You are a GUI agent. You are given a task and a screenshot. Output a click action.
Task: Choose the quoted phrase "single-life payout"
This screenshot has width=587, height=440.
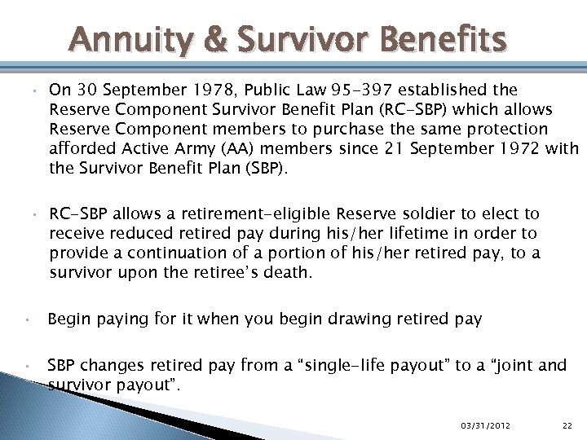(374, 365)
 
